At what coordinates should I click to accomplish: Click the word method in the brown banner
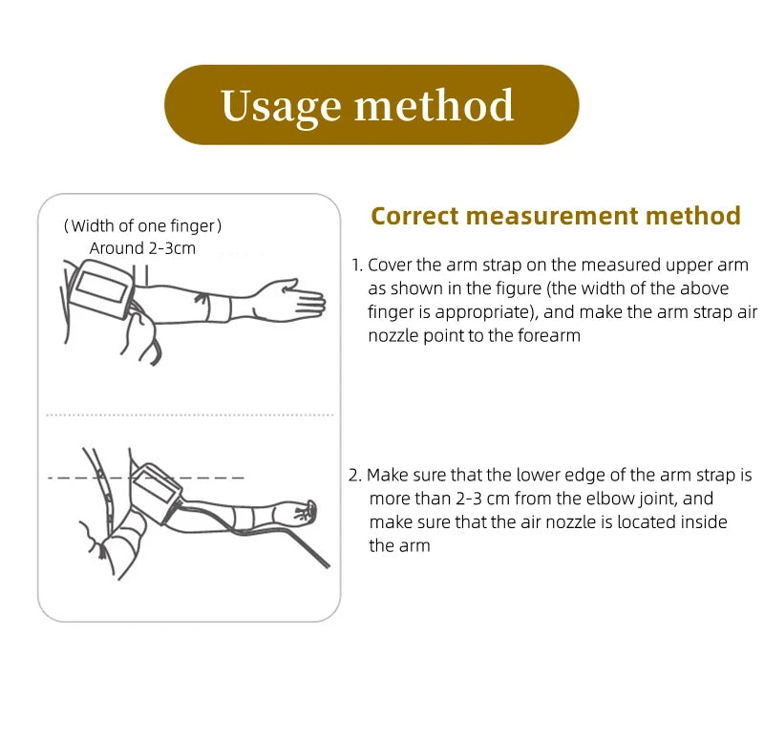click(x=435, y=105)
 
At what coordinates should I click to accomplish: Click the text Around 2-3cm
click(x=142, y=248)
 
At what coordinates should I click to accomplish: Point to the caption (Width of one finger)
click(x=142, y=226)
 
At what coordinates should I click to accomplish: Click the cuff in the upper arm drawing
click(x=101, y=288)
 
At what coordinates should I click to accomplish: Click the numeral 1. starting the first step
click(x=357, y=266)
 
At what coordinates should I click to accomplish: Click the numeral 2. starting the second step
click(x=354, y=475)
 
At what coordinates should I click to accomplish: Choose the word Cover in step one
click(x=390, y=266)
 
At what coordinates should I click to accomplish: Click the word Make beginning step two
click(x=388, y=475)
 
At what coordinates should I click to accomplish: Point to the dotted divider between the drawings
click(x=189, y=415)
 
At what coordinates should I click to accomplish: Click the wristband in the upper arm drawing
click(x=220, y=308)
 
